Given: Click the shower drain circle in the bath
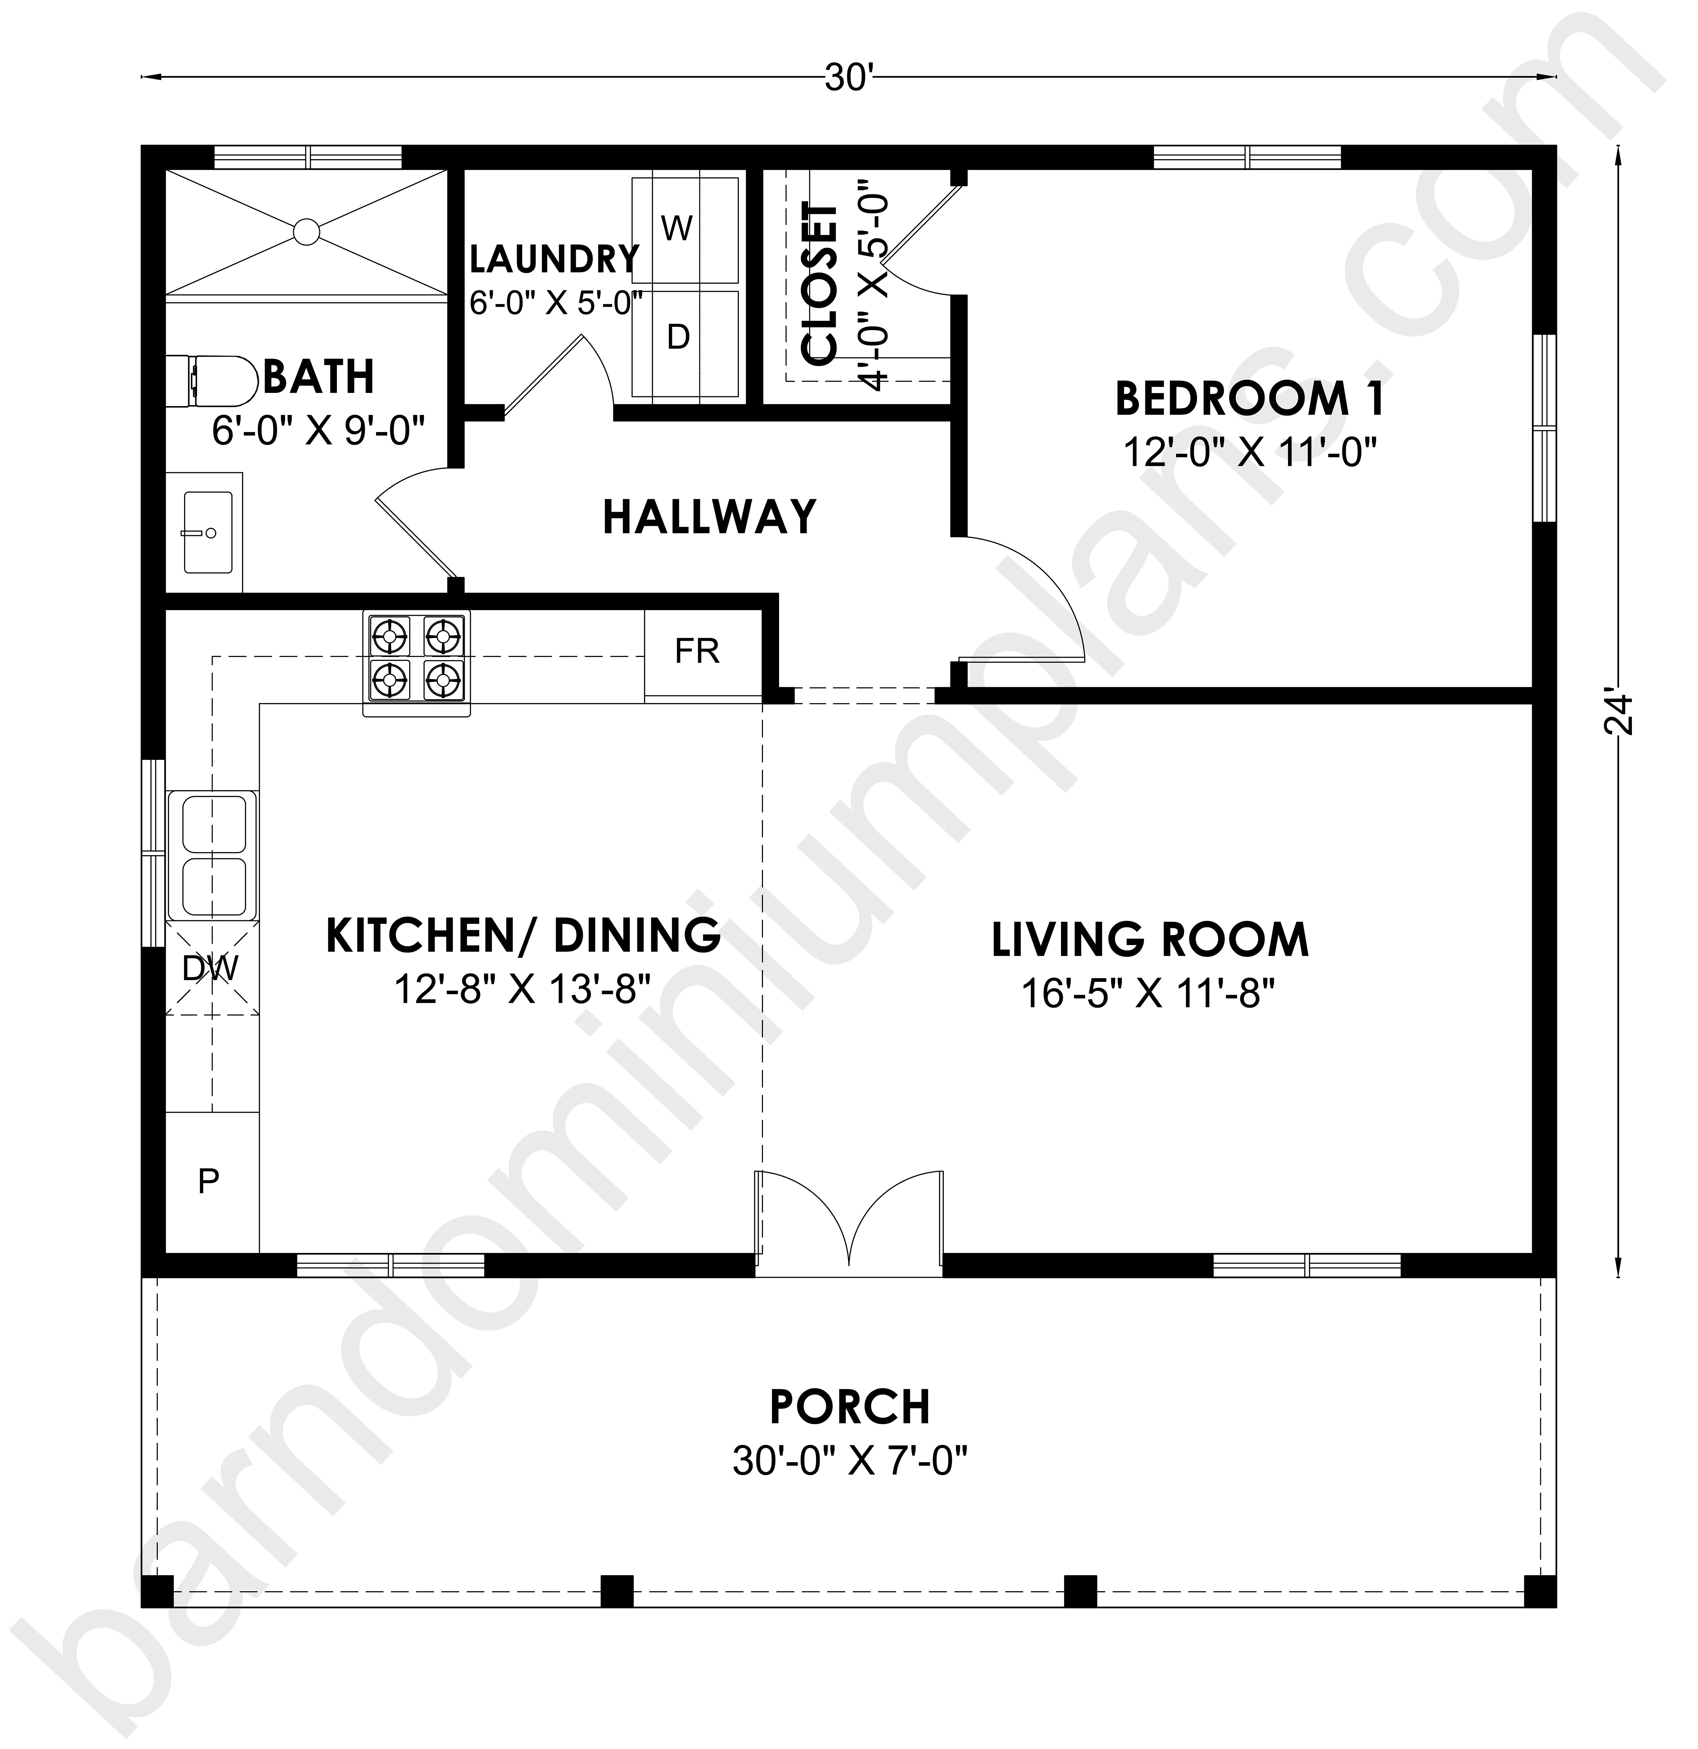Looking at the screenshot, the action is click(306, 232).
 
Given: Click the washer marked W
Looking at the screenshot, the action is click(685, 229).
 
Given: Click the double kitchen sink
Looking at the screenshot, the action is click(212, 857).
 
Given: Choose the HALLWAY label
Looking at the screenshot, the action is click(710, 517).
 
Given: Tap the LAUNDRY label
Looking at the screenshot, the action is click(554, 260).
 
